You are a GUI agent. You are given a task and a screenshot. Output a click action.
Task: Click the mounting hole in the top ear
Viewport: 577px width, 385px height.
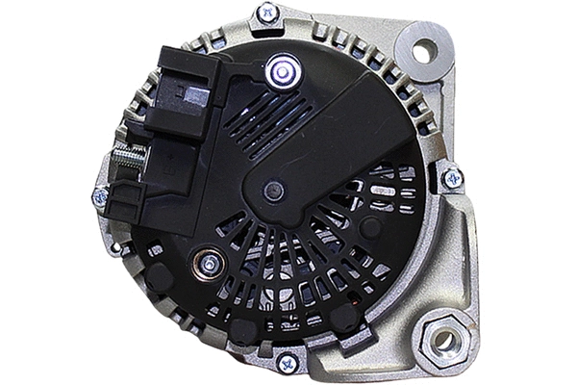(x=424, y=50)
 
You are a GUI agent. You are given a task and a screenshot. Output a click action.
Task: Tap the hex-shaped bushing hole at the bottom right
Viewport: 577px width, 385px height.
(x=443, y=339)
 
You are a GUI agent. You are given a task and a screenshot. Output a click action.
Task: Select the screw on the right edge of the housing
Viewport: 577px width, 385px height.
(x=450, y=177)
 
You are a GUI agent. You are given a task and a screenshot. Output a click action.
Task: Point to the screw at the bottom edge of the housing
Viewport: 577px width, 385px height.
(x=287, y=363)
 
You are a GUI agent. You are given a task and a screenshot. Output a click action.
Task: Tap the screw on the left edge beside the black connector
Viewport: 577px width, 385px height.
(x=100, y=196)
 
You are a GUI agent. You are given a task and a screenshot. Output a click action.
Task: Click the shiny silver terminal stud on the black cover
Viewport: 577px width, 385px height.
(x=281, y=69)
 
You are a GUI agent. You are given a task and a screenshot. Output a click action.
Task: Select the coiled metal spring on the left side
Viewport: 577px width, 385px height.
(x=127, y=159)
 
